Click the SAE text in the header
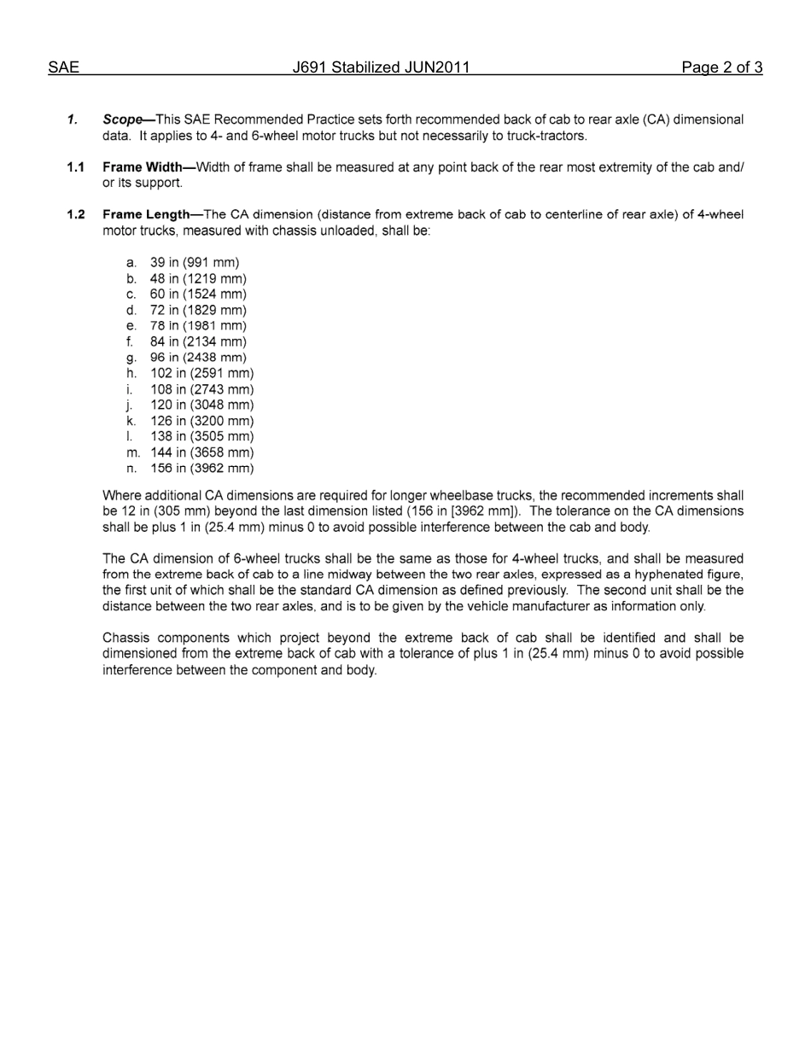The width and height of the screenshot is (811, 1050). [x=64, y=68]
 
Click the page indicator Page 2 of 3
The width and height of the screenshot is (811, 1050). [x=721, y=68]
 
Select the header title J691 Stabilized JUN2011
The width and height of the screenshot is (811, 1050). [x=381, y=68]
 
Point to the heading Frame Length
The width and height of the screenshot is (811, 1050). [x=146, y=214]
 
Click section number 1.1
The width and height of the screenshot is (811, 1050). [x=76, y=167]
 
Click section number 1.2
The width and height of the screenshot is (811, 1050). [x=76, y=214]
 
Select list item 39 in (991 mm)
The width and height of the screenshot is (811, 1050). [x=195, y=263]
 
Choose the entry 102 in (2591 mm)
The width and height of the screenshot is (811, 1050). [x=201, y=373]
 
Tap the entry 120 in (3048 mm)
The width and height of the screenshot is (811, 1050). [x=201, y=405]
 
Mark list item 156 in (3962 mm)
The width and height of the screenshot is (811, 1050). [x=201, y=468]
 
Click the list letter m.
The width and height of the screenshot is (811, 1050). [x=132, y=452]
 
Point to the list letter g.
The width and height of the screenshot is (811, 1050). [x=131, y=359]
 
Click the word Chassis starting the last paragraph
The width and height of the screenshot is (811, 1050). [x=126, y=638]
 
